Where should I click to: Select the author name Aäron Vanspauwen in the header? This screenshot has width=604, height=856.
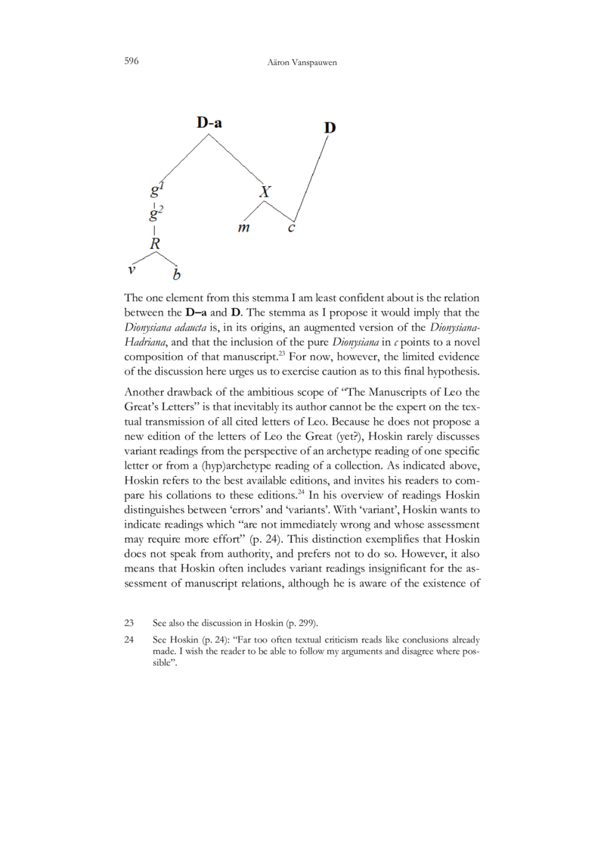[x=302, y=61]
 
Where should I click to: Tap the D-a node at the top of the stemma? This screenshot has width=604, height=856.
[x=209, y=123]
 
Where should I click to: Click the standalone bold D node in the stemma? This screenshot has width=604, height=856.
[x=330, y=128]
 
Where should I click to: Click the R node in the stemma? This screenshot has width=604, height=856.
[x=156, y=244]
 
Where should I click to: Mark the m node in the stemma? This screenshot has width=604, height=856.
[x=244, y=228]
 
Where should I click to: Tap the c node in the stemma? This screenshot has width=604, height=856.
[x=291, y=227]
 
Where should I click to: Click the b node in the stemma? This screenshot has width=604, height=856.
[x=178, y=273]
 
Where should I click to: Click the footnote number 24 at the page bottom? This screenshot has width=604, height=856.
[x=129, y=640]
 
